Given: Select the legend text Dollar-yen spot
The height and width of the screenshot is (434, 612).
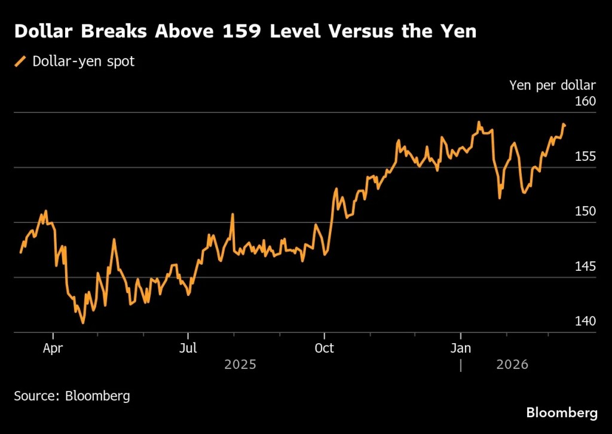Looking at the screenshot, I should point(83,61).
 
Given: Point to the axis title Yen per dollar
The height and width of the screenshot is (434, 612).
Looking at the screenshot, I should point(552,85).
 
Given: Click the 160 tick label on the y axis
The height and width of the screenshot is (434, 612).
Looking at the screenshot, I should point(586,101).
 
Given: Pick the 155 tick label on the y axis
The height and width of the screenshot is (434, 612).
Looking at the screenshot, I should point(586,157).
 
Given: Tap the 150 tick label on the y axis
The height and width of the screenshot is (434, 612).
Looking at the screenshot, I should point(586,211).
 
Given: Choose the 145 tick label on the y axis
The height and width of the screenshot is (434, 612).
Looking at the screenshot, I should point(586,266).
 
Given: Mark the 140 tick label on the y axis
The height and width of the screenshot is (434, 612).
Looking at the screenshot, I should point(586,321).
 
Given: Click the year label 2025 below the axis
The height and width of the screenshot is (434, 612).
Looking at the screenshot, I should point(240,364).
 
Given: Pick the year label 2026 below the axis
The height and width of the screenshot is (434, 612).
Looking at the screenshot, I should point(512,364).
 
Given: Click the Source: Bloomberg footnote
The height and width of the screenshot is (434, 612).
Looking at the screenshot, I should point(72,396).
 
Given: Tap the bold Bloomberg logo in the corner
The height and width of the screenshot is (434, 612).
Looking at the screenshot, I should point(561,412).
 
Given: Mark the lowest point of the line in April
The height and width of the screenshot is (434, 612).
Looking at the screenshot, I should point(82,323).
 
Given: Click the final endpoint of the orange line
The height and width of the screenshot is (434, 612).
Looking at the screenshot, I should point(564,125).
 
